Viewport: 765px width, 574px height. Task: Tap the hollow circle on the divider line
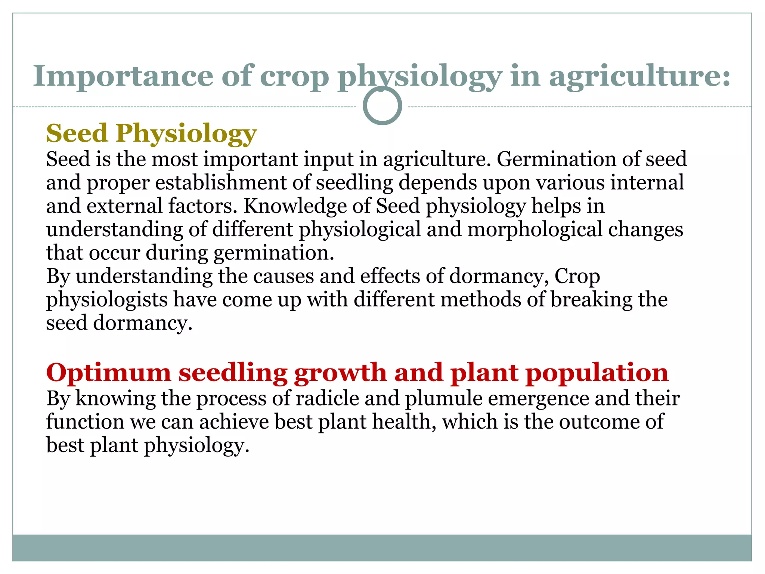point(382,106)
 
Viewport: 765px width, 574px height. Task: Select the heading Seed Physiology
point(151,133)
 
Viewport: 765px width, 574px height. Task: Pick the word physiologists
point(107,300)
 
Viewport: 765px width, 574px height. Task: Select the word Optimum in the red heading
point(108,373)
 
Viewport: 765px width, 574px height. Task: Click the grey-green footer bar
point(382,547)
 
